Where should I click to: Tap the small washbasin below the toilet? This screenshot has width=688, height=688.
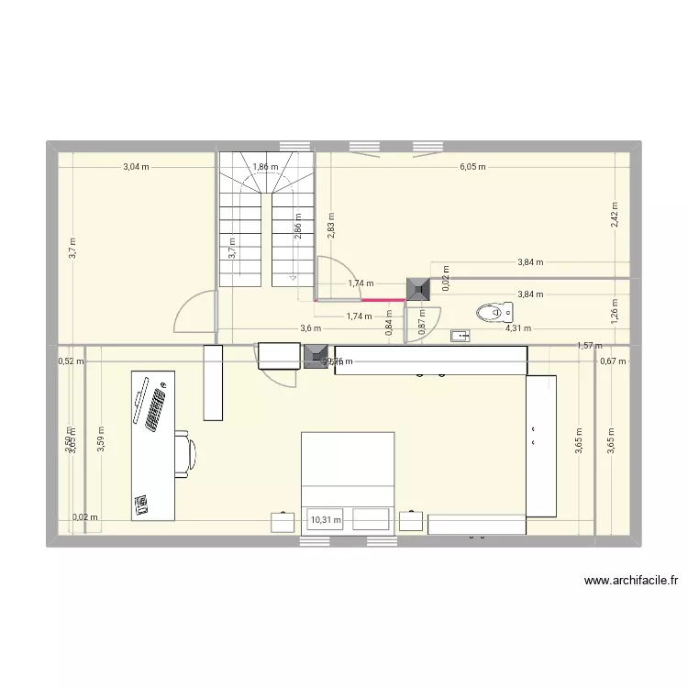pyautogui.click(x=460, y=337)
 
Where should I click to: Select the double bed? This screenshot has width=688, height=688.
pyautogui.click(x=348, y=483)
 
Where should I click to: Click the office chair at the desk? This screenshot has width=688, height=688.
pyautogui.click(x=186, y=453)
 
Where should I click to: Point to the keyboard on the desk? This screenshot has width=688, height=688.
pyautogui.click(x=153, y=409)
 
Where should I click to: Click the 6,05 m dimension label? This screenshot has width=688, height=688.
pyautogui.click(x=472, y=167)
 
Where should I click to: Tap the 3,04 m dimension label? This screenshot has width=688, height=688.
pyautogui.click(x=136, y=167)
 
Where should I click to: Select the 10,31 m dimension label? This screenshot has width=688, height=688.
pyautogui.click(x=326, y=520)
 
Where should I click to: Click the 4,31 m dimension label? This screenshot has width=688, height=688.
pyautogui.click(x=518, y=327)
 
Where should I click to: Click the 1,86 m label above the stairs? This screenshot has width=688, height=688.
pyautogui.click(x=266, y=167)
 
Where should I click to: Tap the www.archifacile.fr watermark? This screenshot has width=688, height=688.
pyautogui.click(x=630, y=581)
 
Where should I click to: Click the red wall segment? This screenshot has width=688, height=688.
pyautogui.click(x=361, y=300)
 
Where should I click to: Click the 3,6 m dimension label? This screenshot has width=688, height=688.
pyautogui.click(x=311, y=328)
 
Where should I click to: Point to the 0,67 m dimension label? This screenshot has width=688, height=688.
pyautogui.click(x=613, y=361)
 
